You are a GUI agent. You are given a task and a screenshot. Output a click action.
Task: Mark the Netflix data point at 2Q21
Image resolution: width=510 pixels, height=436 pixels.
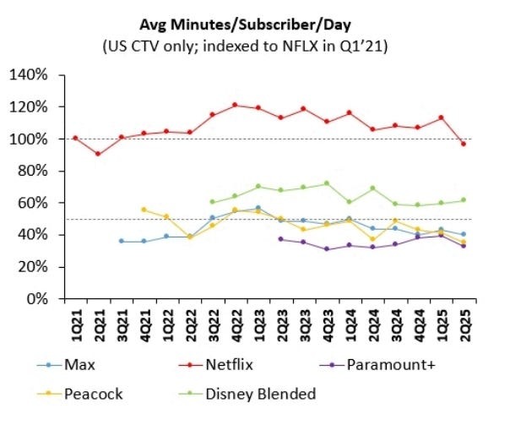tap(99, 154)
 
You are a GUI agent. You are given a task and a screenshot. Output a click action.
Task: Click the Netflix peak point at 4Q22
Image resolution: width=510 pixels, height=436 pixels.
tap(236, 105)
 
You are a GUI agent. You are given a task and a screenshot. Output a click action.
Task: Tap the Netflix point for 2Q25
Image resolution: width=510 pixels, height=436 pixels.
tap(464, 144)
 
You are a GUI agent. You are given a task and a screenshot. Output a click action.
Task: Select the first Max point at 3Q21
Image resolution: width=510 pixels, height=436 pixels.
tap(122, 241)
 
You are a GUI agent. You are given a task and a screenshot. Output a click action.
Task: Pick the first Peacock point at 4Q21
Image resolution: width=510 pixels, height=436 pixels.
tap(144, 210)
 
